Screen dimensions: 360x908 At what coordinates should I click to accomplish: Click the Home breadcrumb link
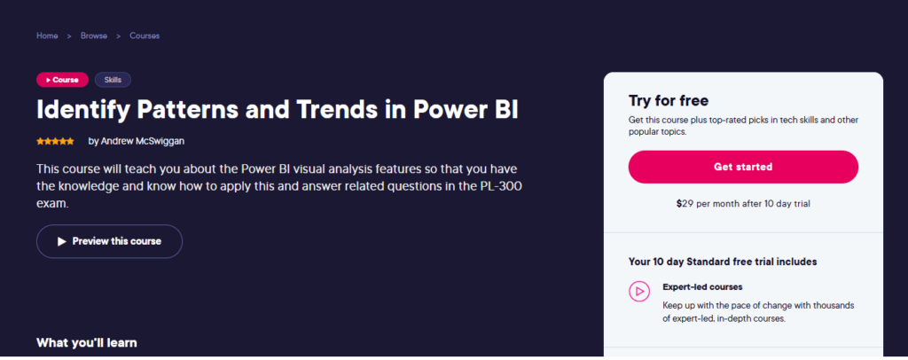point(47,35)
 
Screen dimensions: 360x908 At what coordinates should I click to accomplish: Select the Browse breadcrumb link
point(93,35)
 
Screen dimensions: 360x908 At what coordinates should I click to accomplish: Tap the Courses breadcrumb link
point(145,35)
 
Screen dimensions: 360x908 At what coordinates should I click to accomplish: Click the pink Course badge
point(62,80)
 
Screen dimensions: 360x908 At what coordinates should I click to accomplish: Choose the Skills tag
point(113,80)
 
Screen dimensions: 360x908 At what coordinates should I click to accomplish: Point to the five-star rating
point(55,141)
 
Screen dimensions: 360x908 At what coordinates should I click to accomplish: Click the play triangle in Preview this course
point(61,241)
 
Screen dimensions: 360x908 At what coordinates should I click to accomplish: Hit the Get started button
point(743,167)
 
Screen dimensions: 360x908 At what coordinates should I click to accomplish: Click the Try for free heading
point(669,100)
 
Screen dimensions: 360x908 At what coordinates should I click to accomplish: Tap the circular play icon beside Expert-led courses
point(638,291)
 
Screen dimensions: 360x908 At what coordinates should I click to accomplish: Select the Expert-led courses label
point(702,287)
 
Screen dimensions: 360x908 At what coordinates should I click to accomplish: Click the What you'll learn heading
point(87,342)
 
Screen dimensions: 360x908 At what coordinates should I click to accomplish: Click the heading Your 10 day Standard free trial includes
point(723,262)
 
